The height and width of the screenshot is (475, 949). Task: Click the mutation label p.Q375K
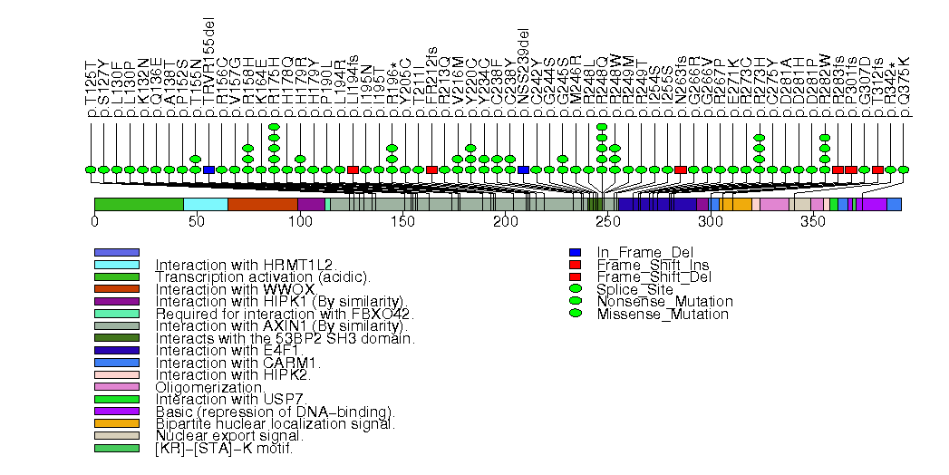point(904,89)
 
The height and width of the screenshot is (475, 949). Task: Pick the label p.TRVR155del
point(209,73)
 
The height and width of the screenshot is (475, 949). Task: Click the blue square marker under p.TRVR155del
point(209,170)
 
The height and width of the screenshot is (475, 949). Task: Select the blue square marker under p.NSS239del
point(524,170)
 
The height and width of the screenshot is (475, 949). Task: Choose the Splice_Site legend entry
point(634,289)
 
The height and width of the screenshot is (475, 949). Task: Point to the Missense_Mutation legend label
point(663,314)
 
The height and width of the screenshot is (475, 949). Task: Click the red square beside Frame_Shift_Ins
point(575,265)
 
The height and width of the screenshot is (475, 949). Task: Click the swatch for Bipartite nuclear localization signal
point(116,423)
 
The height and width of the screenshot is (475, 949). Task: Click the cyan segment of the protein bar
point(206,205)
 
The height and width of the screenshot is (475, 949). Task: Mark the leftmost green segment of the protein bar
point(139,205)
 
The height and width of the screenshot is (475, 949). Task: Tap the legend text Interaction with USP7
point(215,399)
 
